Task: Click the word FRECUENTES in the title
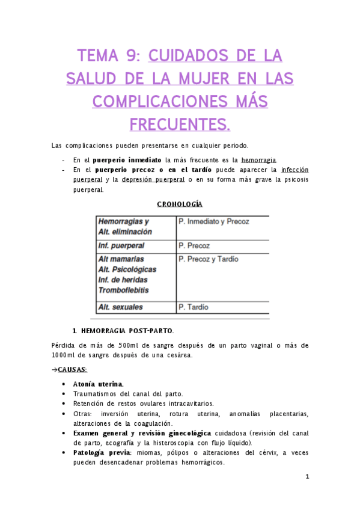click(x=179, y=124)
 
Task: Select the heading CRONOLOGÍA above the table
click(x=179, y=204)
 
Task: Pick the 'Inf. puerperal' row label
click(x=121, y=246)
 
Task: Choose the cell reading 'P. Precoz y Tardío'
click(x=208, y=259)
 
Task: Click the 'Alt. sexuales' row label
click(x=120, y=307)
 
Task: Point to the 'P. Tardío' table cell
click(x=194, y=307)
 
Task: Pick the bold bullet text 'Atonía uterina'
click(x=98, y=384)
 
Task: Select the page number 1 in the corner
click(x=307, y=476)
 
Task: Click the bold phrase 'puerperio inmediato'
click(x=127, y=161)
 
